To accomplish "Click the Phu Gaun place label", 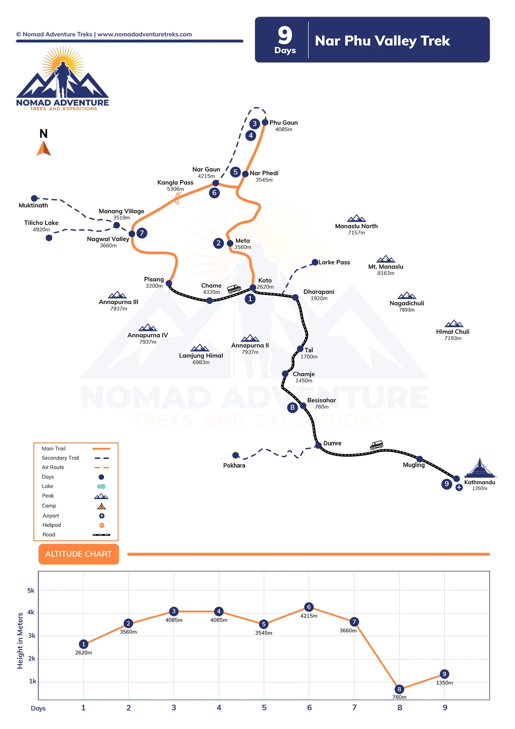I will point(284,123).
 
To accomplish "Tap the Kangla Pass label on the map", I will point(175,183).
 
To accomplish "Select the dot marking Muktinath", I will point(35,198).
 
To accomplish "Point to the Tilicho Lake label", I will point(41,223).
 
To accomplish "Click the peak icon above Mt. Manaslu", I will point(386,259).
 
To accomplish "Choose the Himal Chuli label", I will point(453,332).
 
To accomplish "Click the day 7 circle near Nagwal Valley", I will point(142,233).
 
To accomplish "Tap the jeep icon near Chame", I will point(234,288).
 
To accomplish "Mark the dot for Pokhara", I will point(236,455).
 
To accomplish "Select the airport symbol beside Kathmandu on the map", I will point(459,487).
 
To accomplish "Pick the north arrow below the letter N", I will point(43,148).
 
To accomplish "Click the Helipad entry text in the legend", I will point(52,525).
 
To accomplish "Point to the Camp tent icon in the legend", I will point(101,506).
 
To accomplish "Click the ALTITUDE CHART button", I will point(78,554).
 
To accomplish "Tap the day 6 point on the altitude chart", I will point(309,607).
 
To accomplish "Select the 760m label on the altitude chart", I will point(399,697).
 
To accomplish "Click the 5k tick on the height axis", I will point(31,591).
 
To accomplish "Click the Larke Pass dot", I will point(315,262).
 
